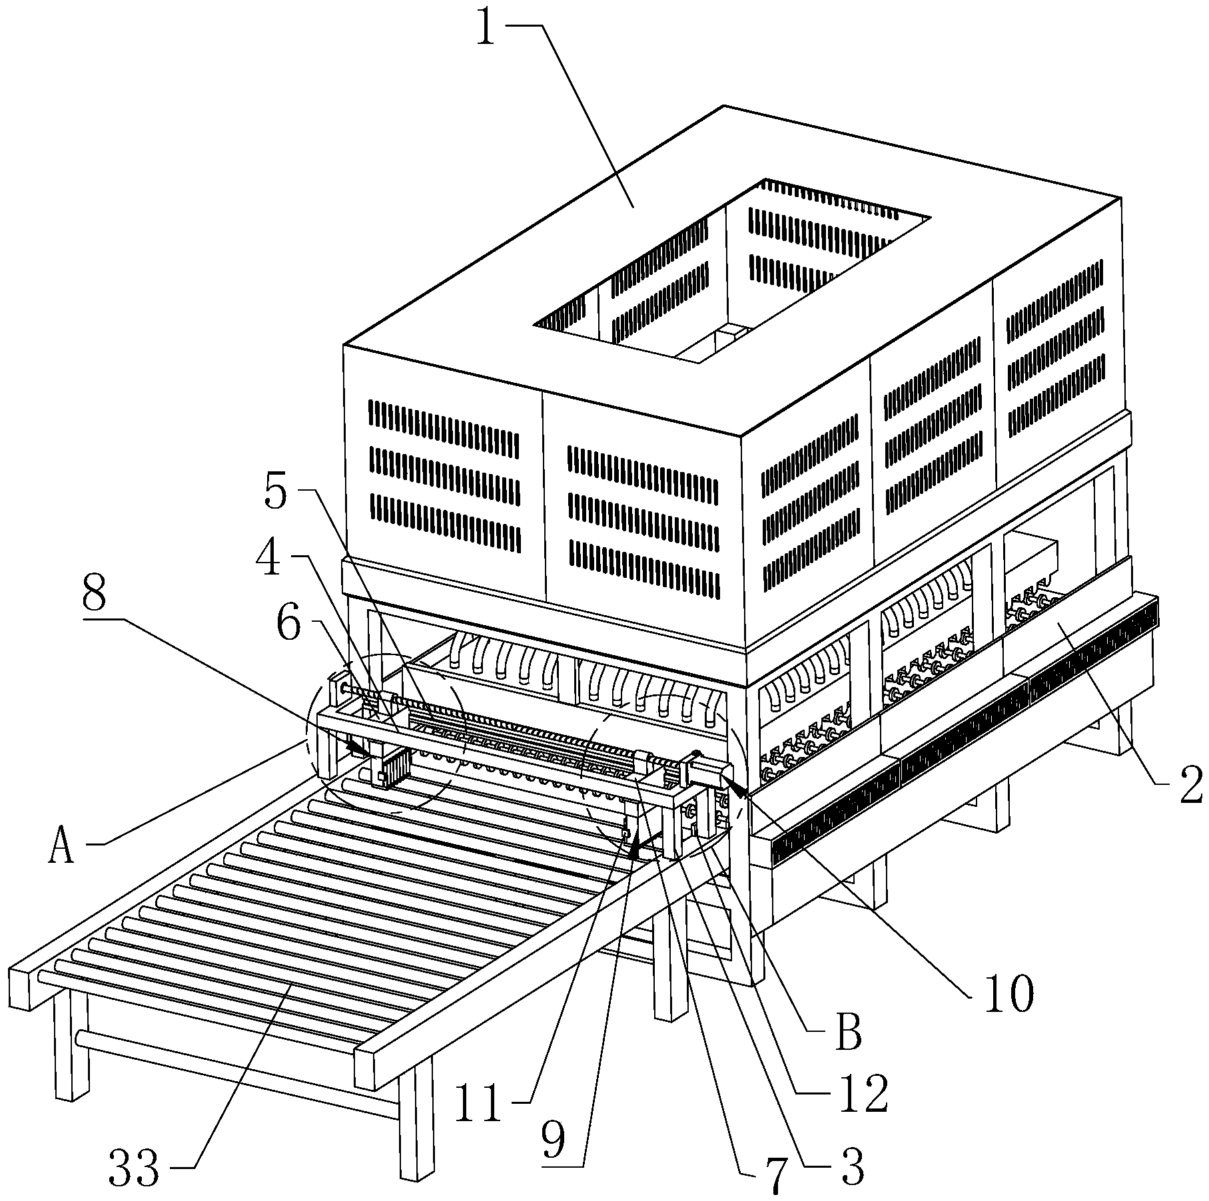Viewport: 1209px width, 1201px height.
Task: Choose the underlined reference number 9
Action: tap(553, 1140)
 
